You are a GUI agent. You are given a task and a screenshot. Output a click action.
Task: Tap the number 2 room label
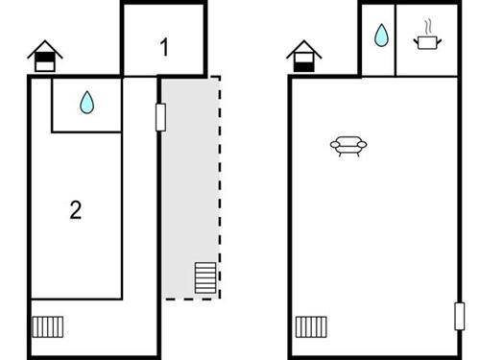tap(75, 210)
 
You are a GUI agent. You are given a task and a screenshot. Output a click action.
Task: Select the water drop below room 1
tap(87, 102)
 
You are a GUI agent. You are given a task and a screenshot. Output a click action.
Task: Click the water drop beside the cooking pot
tap(381, 37)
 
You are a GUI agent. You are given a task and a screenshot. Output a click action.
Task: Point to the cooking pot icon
tap(424, 41)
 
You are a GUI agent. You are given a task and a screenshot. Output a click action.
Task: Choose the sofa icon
tap(348, 146)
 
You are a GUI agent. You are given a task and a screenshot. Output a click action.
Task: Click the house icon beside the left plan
tap(44, 57)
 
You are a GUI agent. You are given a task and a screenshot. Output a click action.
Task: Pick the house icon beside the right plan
tap(304, 57)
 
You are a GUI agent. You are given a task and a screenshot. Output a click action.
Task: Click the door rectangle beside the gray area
tap(160, 116)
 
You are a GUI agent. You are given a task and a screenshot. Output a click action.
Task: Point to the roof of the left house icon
tap(44, 47)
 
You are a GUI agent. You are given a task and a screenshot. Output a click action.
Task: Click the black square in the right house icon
tap(304, 64)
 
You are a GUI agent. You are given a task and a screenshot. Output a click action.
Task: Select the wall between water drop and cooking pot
tap(396, 40)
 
